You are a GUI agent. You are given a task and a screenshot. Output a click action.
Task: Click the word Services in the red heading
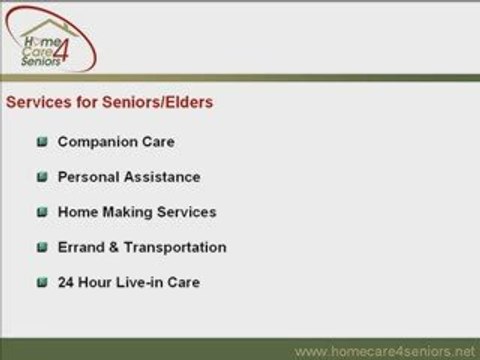click(x=39, y=101)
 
